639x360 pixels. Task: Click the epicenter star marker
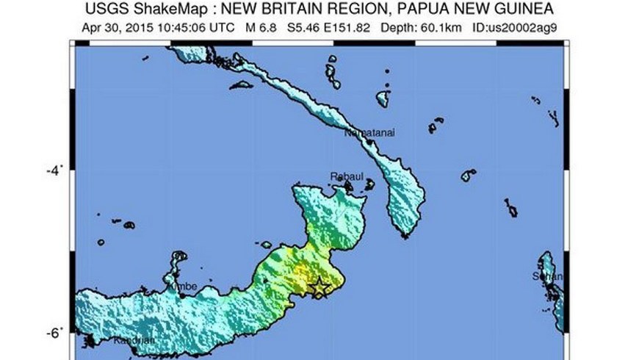(x=319, y=287)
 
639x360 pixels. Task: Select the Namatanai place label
(x=367, y=134)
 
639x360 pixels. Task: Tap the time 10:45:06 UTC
(x=195, y=27)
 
